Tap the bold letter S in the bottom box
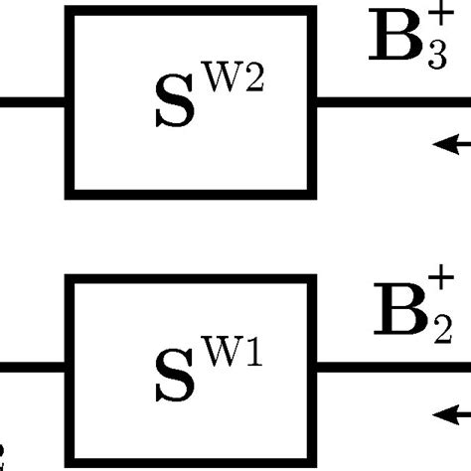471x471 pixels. coord(178,379)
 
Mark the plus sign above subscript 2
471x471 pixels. coord(436,289)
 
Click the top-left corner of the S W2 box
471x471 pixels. coord(70,13)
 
